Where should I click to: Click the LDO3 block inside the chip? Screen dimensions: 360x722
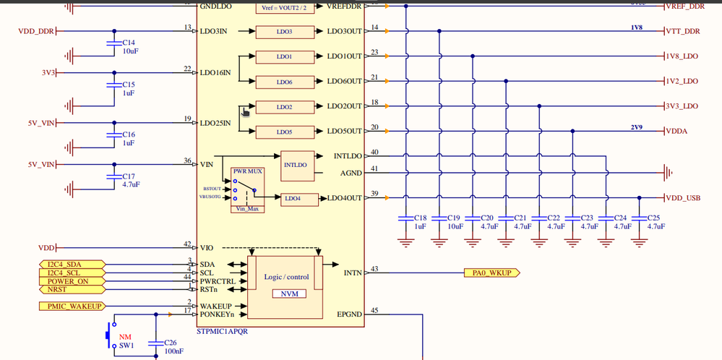coord(284,32)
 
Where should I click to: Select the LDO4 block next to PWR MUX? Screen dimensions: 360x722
coord(291,198)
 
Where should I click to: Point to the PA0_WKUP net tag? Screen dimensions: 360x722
coord(491,273)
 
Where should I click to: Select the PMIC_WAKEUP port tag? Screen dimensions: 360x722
coord(70,307)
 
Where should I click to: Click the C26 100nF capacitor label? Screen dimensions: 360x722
coord(171,346)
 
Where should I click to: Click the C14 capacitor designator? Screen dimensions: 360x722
coord(129,43)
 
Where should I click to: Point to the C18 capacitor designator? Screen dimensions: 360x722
coord(420,218)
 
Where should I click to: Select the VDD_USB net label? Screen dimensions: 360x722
coord(684,198)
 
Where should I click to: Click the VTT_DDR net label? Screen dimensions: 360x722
coord(684,32)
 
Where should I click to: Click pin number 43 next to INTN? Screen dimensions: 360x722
coord(374,269)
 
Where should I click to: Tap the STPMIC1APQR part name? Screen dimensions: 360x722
coord(222,330)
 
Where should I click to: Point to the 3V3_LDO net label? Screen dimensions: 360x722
coord(682,106)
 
